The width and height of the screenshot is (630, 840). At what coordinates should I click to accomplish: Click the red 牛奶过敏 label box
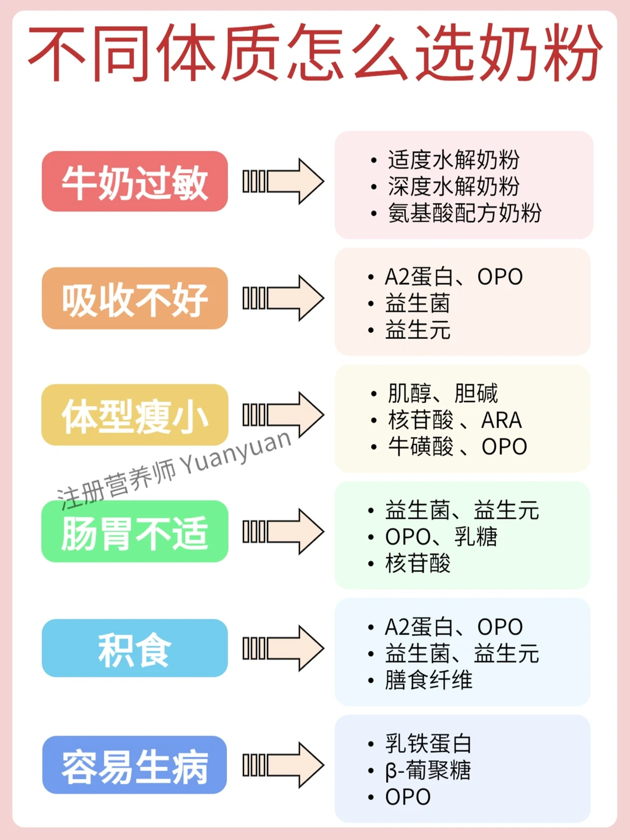[135, 182]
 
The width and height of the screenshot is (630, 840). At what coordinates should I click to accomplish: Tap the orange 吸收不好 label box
[135, 298]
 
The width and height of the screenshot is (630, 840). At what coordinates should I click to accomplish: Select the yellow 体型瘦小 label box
[135, 415]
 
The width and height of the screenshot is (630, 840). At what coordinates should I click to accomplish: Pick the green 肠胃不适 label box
[135, 532]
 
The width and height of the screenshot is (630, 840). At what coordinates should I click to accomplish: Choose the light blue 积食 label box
[135, 649]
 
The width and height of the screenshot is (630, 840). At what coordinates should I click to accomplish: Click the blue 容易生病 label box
[135, 765]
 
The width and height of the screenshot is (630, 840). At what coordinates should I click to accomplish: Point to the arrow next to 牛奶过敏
[283, 181]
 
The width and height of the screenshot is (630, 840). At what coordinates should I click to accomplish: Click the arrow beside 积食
[283, 648]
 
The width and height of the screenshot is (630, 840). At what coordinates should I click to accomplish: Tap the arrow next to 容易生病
[283, 765]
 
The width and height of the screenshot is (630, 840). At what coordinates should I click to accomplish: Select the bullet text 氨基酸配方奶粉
[464, 213]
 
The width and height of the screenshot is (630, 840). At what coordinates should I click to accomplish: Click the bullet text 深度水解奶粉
[453, 186]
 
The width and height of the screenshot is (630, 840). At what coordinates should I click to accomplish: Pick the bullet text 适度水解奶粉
[453, 159]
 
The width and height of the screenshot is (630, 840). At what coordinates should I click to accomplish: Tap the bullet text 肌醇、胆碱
[443, 393]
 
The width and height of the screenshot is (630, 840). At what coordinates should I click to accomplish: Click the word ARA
[501, 420]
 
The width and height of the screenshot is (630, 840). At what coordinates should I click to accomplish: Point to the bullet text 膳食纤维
[429, 680]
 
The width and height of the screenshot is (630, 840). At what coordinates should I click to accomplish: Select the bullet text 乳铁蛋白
[429, 743]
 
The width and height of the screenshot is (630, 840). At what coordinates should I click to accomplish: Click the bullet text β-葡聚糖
[428, 770]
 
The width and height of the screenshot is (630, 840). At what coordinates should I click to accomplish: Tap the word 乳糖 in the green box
[476, 536]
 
